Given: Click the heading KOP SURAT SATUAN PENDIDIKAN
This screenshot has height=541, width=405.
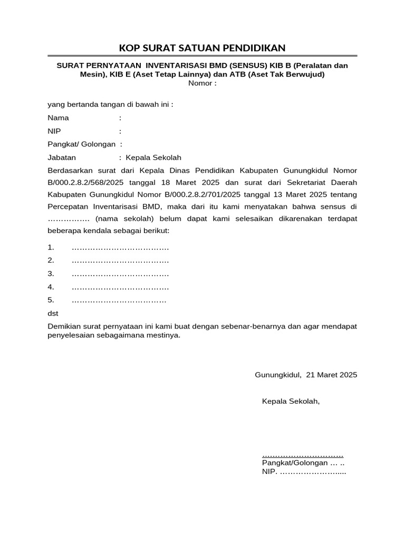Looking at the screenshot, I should [x=202, y=48].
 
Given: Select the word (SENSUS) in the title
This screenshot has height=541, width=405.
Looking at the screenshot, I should [x=256, y=66].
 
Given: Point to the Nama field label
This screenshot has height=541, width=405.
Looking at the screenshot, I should [x=58, y=118].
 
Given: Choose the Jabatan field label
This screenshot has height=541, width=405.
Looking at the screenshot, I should [x=62, y=157].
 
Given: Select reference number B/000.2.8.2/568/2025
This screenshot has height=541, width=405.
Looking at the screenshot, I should [x=84, y=183].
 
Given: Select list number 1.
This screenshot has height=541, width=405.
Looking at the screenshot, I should [x=51, y=247].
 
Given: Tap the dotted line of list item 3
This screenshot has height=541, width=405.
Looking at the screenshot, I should [x=120, y=274].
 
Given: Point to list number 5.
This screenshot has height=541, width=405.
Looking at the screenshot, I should [x=51, y=301].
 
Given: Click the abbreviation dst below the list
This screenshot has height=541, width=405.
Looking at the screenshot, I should [x=53, y=313].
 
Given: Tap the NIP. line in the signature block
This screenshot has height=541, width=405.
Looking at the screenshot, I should [x=304, y=472].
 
